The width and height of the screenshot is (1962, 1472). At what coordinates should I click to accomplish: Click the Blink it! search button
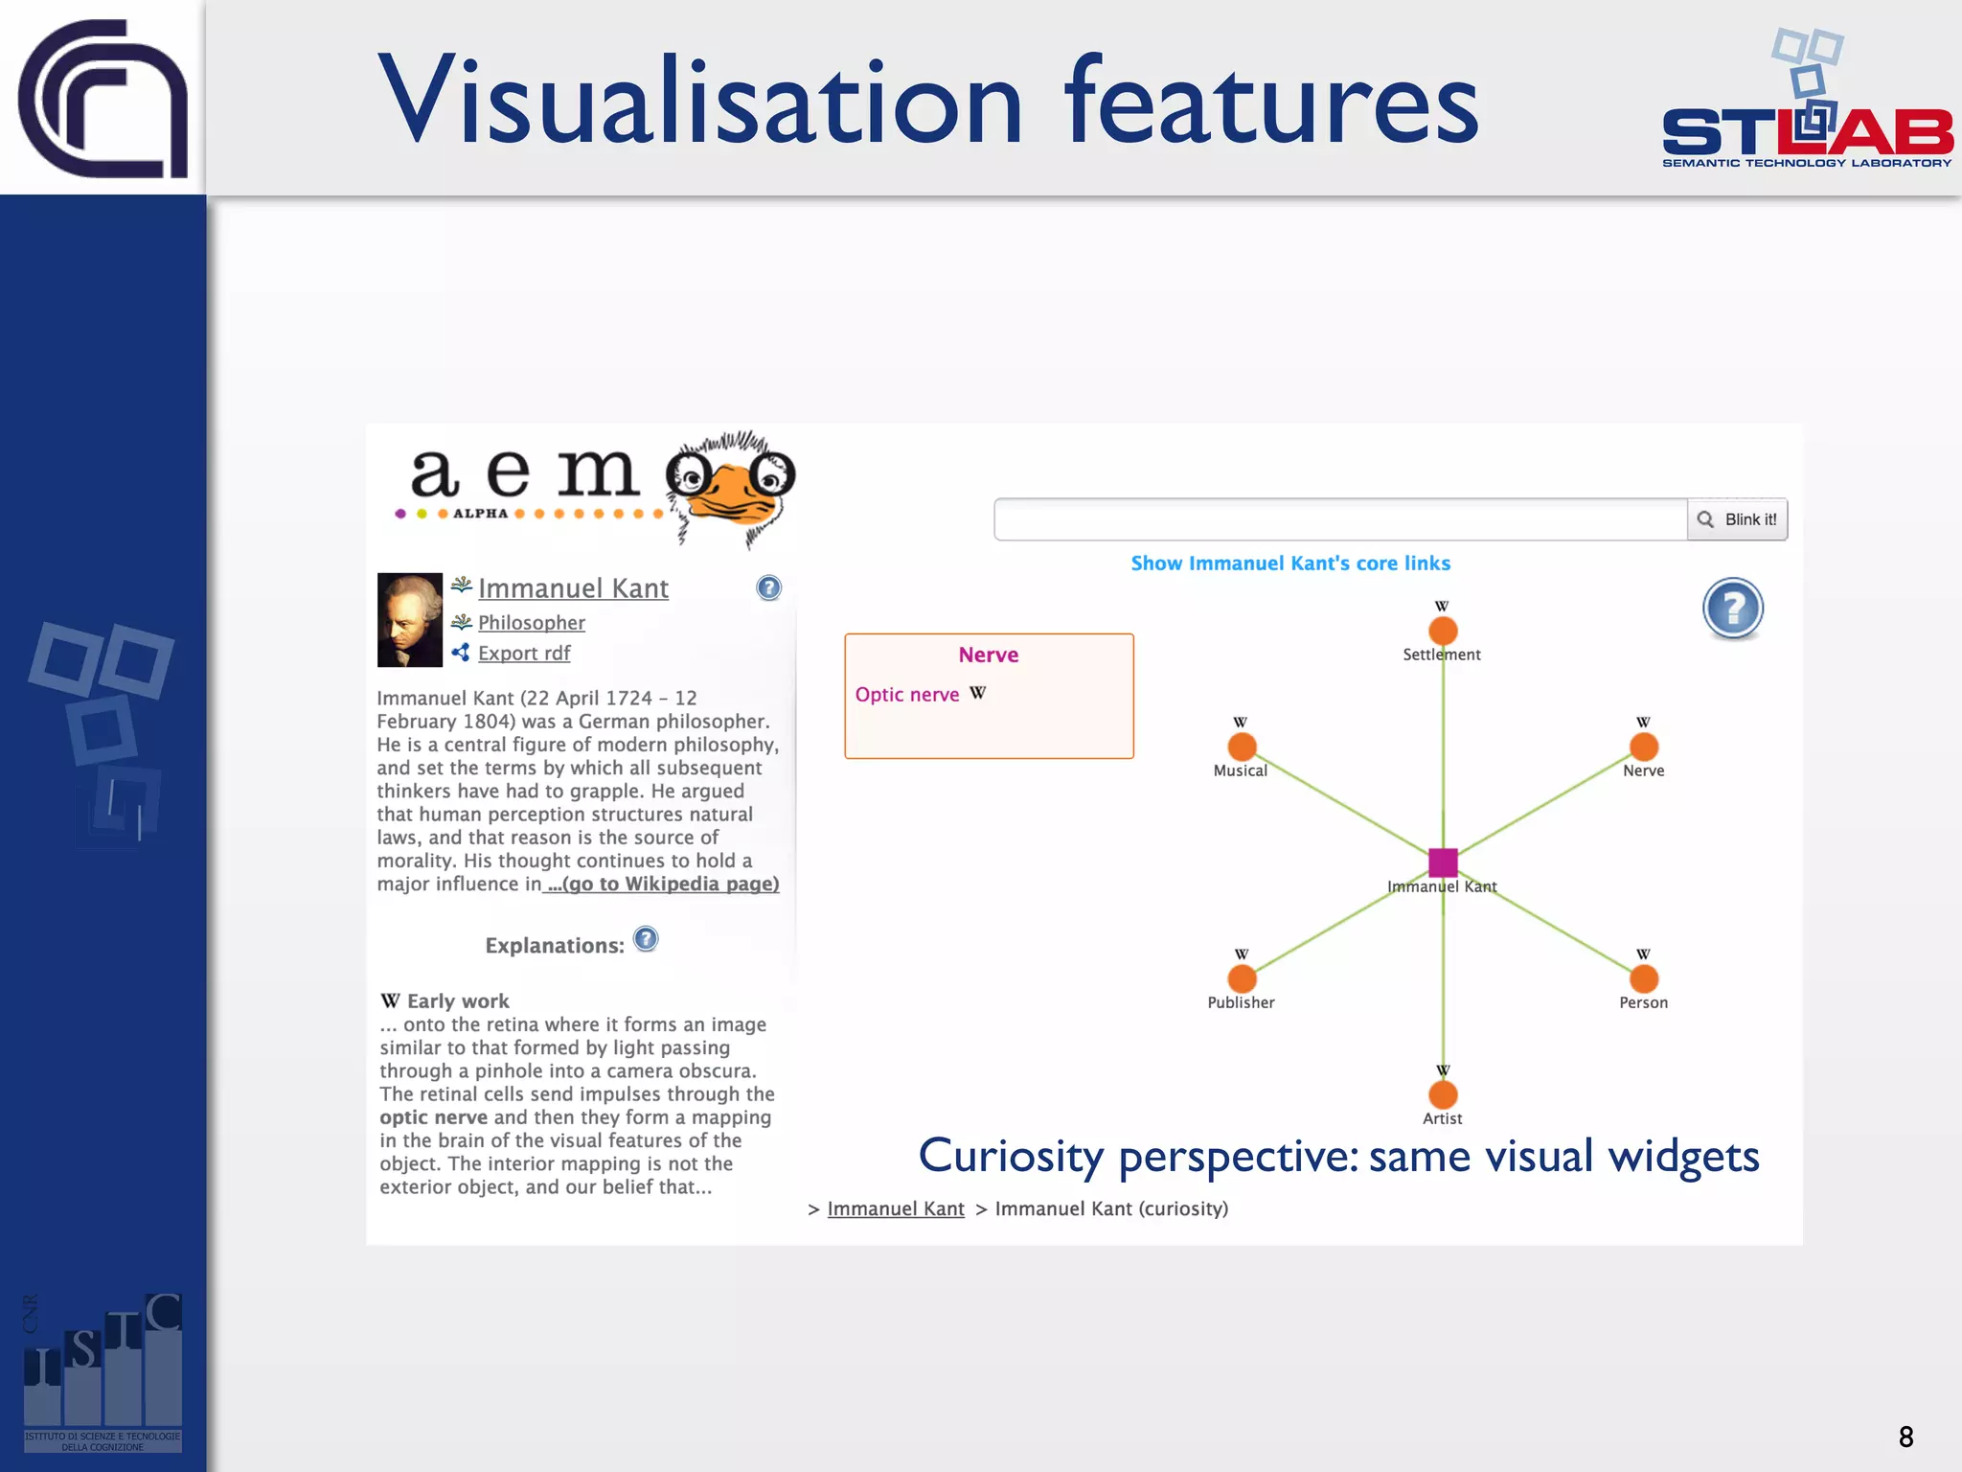[1737, 519]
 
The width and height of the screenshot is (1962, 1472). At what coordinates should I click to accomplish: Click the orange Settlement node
[1443, 631]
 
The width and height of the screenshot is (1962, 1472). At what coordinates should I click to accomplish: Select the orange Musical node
[1242, 747]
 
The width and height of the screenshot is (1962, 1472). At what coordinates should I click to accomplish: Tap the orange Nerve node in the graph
[1644, 747]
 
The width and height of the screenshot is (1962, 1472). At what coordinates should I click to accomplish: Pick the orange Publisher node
[1242, 978]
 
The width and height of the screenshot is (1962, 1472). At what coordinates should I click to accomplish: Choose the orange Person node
[1644, 978]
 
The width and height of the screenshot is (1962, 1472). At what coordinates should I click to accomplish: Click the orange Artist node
[1443, 1094]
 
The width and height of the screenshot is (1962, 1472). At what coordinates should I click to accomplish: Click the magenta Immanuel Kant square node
[1443, 862]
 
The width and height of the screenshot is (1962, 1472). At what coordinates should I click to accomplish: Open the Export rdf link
[523, 653]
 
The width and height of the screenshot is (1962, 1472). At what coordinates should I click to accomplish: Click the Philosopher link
[531, 623]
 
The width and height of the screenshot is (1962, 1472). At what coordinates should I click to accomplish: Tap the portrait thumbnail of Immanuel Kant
[409, 620]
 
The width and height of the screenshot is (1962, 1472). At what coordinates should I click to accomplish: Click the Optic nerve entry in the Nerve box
[906, 695]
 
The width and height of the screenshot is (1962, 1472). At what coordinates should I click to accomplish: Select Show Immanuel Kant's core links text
[1289, 563]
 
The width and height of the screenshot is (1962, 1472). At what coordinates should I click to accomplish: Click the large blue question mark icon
[1732, 609]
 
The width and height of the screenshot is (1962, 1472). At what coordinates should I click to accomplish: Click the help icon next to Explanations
[646, 939]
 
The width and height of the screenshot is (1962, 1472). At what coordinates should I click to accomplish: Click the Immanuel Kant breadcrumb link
[895, 1208]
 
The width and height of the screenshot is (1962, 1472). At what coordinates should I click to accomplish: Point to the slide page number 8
[1905, 1437]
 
